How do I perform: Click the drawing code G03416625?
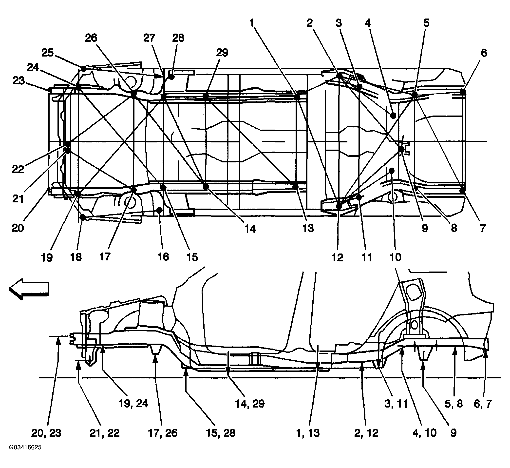click(x=25, y=454)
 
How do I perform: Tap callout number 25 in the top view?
click(x=48, y=53)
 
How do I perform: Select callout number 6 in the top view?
click(x=484, y=53)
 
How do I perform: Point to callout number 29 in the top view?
click(x=222, y=53)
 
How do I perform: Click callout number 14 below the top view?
click(x=250, y=229)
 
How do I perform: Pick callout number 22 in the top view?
click(x=18, y=169)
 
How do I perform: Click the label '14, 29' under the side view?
click(x=250, y=403)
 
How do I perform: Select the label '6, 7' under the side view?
click(x=482, y=403)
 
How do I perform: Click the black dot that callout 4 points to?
click(x=393, y=116)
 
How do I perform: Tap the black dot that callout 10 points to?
click(x=392, y=171)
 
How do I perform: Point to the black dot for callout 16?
click(x=159, y=210)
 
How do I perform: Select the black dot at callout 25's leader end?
click(x=84, y=68)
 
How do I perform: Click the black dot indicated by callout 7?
click(x=462, y=191)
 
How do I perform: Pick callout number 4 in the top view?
click(x=367, y=23)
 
